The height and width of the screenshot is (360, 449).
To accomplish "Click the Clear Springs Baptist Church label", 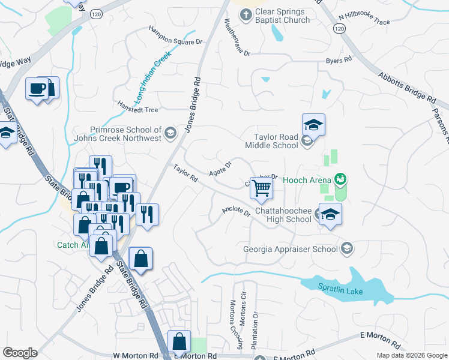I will click(x=282, y=16).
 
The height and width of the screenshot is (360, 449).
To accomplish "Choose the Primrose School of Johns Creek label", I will click(x=125, y=134).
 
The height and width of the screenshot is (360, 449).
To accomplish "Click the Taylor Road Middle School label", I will click(x=271, y=141).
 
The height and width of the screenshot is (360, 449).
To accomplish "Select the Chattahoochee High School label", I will click(x=283, y=215).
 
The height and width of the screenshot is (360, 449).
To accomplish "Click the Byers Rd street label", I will click(x=339, y=60).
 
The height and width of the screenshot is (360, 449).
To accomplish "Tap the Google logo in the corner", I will click(x=20, y=353).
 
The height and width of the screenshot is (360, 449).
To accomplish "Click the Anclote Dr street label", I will click(x=236, y=211).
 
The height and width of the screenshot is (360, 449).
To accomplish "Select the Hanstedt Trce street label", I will click(x=137, y=106).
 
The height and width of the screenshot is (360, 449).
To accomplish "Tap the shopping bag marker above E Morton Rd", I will click(x=179, y=341).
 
